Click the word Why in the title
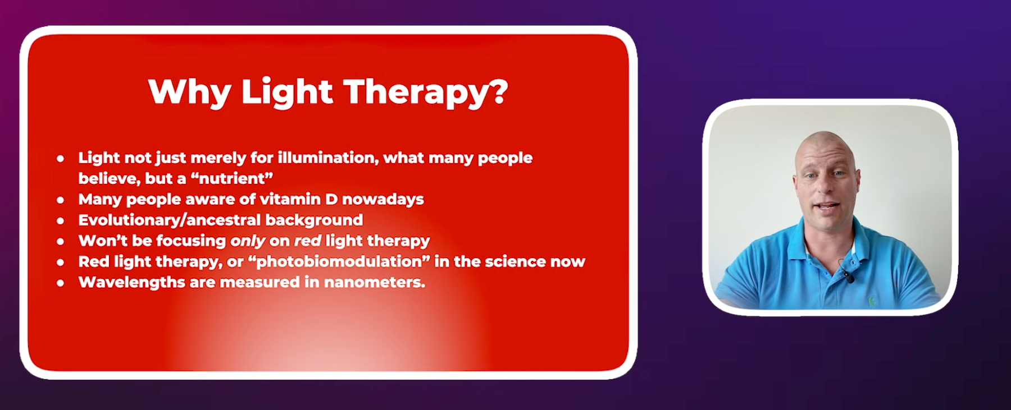tap(190, 91)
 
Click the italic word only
tap(248, 241)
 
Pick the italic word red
tap(308, 241)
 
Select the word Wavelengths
tap(131, 282)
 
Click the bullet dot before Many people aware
tap(60, 200)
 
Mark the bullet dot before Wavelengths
tap(60, 283)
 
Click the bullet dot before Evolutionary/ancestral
tap(60, 221)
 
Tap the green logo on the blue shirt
tap(872, 301)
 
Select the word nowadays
tap(383, 199)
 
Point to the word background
tap(314, 220)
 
